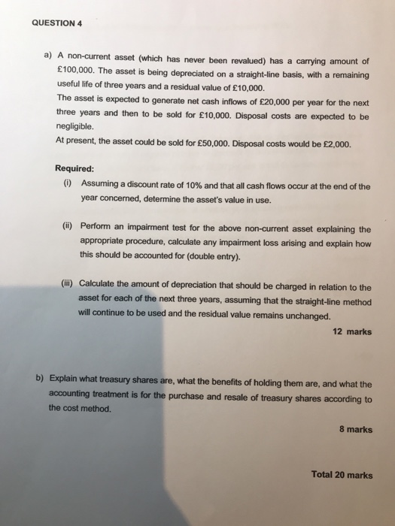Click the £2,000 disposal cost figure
click(336, 143)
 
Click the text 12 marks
click(351, 331)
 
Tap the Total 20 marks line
click(342, 475)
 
